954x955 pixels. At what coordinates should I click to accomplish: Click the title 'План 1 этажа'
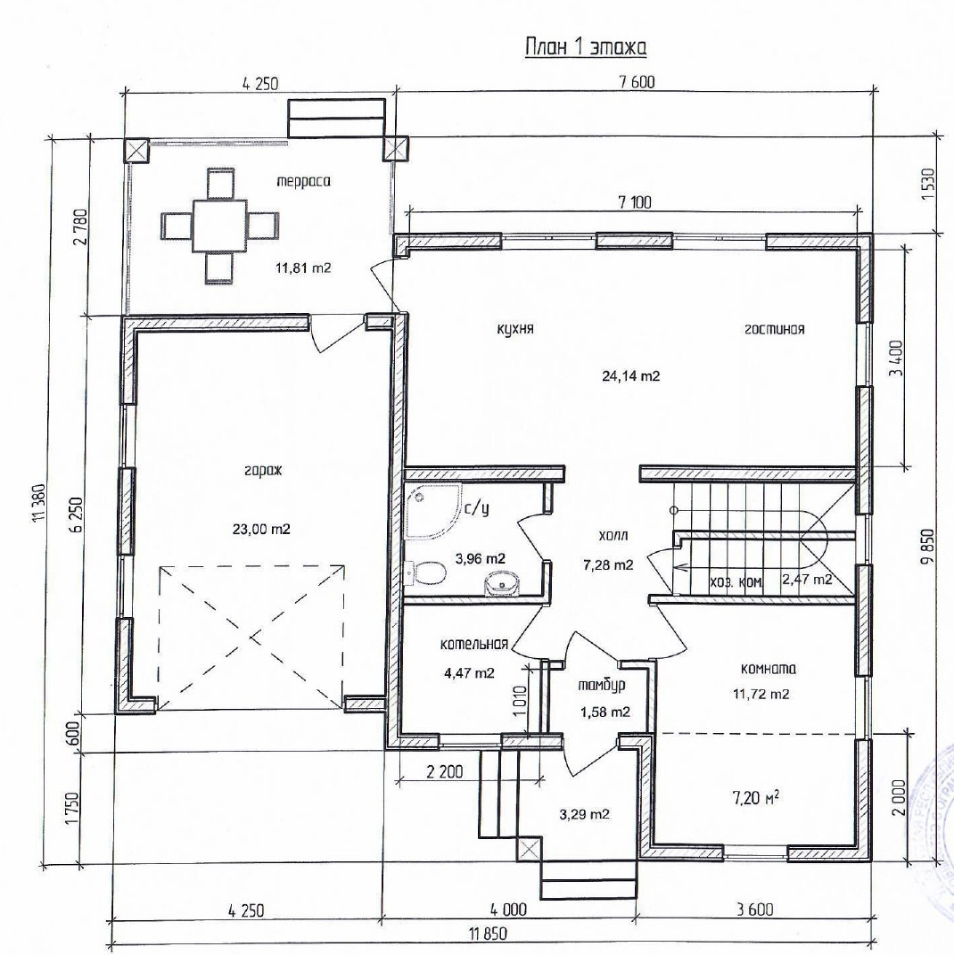point(585,47)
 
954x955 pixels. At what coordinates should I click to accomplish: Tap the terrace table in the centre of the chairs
point(220,226)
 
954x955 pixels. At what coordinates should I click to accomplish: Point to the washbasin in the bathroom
point(503,583)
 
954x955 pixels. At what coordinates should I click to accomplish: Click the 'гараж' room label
point(263,471)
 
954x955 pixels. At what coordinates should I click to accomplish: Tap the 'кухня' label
point(515,329)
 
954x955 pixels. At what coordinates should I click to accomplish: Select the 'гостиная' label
point(775,329)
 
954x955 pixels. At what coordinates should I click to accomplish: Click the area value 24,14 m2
point(630,375)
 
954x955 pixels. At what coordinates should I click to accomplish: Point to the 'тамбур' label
point(602,685)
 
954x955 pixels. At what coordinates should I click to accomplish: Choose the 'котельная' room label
point(474,645)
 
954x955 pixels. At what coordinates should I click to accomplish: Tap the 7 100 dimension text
point(635,202)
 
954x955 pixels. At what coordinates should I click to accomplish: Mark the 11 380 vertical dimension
point(41,504)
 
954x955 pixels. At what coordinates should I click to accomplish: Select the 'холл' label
point(613,536)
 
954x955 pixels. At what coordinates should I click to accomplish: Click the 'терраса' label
point(303,182)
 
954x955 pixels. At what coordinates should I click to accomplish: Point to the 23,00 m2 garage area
point(261,529)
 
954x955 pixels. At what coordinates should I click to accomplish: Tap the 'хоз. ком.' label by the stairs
point(736,581)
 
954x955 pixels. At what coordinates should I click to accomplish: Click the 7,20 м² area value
point(755,797)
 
